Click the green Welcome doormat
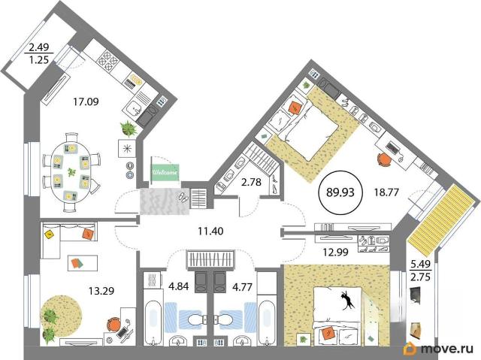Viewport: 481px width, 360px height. click(165, 171)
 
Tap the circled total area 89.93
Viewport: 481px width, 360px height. click(340, 192)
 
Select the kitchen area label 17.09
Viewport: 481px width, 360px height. click(86, 101)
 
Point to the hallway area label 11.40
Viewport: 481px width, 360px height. click(210, 231)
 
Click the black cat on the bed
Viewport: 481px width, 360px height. click(347, 300)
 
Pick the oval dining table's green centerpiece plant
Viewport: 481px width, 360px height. click(71, 172)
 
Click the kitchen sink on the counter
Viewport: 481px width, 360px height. click(134, 108)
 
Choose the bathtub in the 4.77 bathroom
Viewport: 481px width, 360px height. click(266, 322)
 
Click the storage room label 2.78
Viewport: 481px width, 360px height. click(251, 182)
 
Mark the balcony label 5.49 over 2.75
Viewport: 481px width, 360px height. click(420, 271)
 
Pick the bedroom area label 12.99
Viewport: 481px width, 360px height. click(335, 253)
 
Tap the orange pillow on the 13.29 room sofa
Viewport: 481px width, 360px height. click(88, 234)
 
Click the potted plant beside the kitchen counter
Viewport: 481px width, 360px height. click(129, 129)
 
